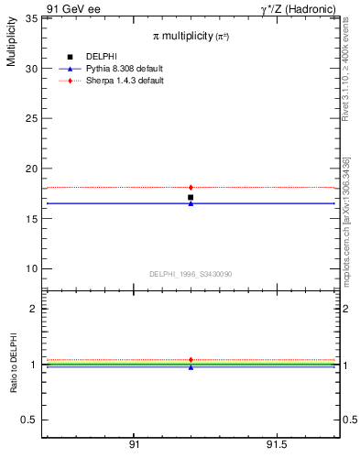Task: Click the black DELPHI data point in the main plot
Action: pyautogui.click(x=191, y=197)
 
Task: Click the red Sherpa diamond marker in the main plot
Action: pyautogui.click(x=191, y=187)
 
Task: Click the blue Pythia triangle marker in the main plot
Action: pyautogui.click(x=191, y=203)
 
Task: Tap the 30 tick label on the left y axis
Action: pyautogui.click(x=30, y=69)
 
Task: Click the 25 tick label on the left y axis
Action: pyautogui.click(x=30, y=118)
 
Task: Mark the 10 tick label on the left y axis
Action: pyautogui.click(x=30, y=268)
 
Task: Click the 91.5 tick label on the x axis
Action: pyautogui.click(x=276, y=444)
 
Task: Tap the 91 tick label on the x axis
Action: pyautogui.click(x=134, y=444)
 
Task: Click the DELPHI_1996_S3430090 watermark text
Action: pyautogui.click(x=190, y=274)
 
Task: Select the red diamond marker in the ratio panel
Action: pyautogui.click(x=191, y=360)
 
